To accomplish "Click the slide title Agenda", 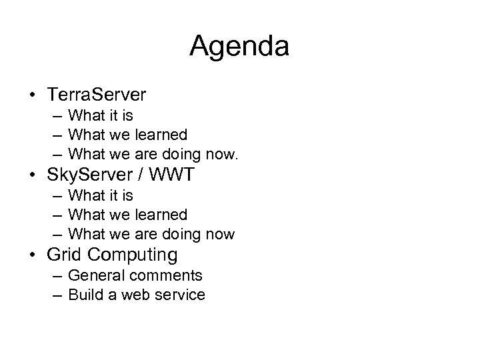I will (x=239, y=47).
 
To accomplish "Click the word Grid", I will (x=64, y=255).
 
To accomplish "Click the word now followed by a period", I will (x=222, y=155).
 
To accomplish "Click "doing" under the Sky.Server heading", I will (x=181, y=235).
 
